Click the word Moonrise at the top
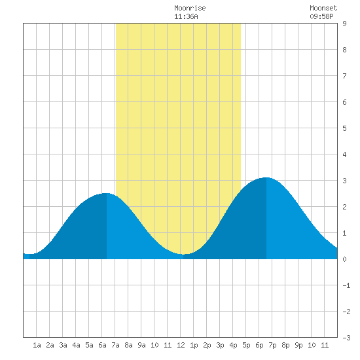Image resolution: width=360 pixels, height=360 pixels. coord(190,8)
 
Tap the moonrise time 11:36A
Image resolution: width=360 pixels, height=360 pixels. coord(186,16)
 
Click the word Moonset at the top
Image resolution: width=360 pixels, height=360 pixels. coord(323,8)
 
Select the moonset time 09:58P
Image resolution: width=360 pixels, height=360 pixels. coord(321,16)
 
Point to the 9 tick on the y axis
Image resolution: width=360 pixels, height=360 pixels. coord(344,24)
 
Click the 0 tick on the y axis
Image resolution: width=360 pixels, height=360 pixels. coord(344,259)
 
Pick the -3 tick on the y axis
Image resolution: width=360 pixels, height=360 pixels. coord(346,338)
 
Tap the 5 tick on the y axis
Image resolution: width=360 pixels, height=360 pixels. coord(344,128)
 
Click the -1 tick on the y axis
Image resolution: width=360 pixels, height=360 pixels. coord(346,285)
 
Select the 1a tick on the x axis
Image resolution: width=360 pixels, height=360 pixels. coord(37,345)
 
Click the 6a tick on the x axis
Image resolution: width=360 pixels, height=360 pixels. coord(102,345)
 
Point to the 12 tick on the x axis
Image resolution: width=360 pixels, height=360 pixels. coord(181,345)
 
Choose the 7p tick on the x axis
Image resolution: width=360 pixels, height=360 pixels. coord(272,345)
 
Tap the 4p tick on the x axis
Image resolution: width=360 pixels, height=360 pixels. coord(233,345)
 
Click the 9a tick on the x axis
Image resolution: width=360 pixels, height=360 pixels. coord(141,345)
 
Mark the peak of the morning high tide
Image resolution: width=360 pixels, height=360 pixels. coord(106,193)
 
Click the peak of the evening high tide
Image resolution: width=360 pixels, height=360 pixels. coord(266,177)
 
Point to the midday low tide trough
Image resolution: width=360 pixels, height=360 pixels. coord(184,254)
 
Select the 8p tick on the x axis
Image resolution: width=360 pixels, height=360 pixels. coord(285,345)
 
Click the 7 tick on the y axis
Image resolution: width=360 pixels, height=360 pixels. coord(344,76)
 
